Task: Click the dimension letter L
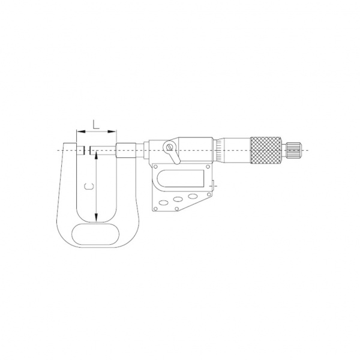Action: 96,124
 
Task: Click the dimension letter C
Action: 89,187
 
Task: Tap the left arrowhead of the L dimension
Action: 81,131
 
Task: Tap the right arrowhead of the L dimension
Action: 112,131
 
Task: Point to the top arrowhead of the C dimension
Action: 97,155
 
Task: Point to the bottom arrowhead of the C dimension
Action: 97,218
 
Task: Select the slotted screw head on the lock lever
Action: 169,146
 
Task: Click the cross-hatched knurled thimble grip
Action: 266,151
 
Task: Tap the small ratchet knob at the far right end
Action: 295,151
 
